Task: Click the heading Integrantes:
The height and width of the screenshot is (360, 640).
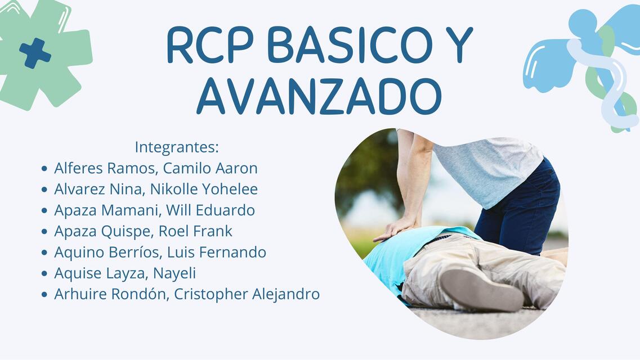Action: (x=176, y=147)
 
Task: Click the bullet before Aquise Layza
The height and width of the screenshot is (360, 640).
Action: (x=44, y=274)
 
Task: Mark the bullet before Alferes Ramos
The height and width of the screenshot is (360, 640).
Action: (x=44, y=169)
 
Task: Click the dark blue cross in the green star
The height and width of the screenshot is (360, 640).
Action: (x=35, y=53)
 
